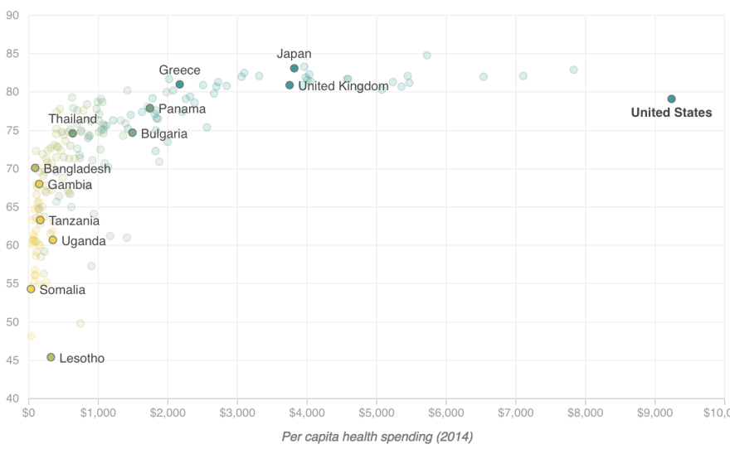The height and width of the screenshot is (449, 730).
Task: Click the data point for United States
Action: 671,99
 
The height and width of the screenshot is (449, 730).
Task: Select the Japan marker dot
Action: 294,69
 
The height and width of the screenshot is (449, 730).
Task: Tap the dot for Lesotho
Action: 51,357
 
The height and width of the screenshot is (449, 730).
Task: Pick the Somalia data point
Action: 31,289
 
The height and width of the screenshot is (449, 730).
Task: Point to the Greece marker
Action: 180,84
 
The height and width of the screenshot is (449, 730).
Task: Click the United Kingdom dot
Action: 290,85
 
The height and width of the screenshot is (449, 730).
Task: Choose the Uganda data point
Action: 53,240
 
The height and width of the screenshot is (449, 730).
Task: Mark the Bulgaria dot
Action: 132,133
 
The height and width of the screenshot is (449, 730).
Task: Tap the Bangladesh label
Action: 77,169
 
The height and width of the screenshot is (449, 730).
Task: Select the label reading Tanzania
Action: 74,221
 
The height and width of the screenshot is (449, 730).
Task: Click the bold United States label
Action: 671,113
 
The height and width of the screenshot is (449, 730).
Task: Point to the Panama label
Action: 182,109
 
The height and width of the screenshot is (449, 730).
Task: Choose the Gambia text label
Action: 70,185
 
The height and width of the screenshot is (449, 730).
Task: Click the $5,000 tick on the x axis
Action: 377,412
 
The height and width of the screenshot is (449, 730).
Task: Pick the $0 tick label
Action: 29,412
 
